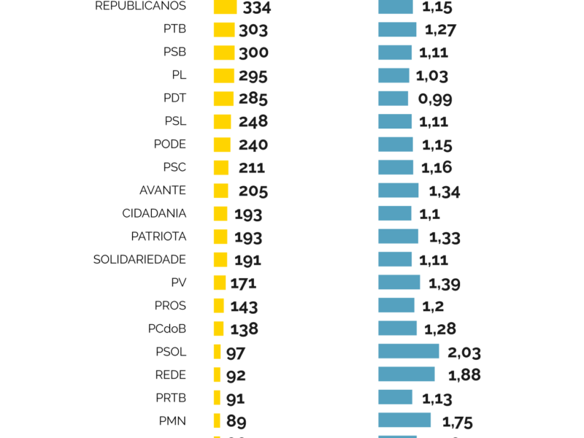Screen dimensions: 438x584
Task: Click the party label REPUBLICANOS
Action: (x=140, y=6)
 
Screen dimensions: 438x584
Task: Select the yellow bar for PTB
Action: (x=224, y=29)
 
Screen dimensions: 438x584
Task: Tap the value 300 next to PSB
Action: (x=253, y=53)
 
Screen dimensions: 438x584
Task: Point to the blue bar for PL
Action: (x=393, y=75)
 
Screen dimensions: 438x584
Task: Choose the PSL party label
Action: (x=175, y=121)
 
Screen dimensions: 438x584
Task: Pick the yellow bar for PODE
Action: (x=222, y=145)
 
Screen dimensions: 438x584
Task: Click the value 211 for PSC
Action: (x=252, y=168)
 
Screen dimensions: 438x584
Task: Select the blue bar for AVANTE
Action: (x=398, y=191)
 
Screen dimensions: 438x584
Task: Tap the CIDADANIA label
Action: (x=154, y=213)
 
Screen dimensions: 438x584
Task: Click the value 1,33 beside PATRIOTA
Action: (x=445, y=237)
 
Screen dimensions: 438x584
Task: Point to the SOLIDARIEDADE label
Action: (x=139, y=259)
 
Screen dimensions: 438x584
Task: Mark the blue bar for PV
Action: (x=399, y=283)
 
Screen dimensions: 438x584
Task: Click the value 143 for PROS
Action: (x=244, y=307)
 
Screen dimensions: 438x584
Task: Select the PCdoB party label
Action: (x=166, y=328)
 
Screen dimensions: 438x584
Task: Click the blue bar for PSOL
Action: (x=408, y=351)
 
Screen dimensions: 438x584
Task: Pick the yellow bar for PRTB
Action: (x=217, y=398)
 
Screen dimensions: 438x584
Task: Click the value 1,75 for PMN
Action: (x=458, y=421)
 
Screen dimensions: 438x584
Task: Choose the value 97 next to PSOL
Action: (x=235, y=353)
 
